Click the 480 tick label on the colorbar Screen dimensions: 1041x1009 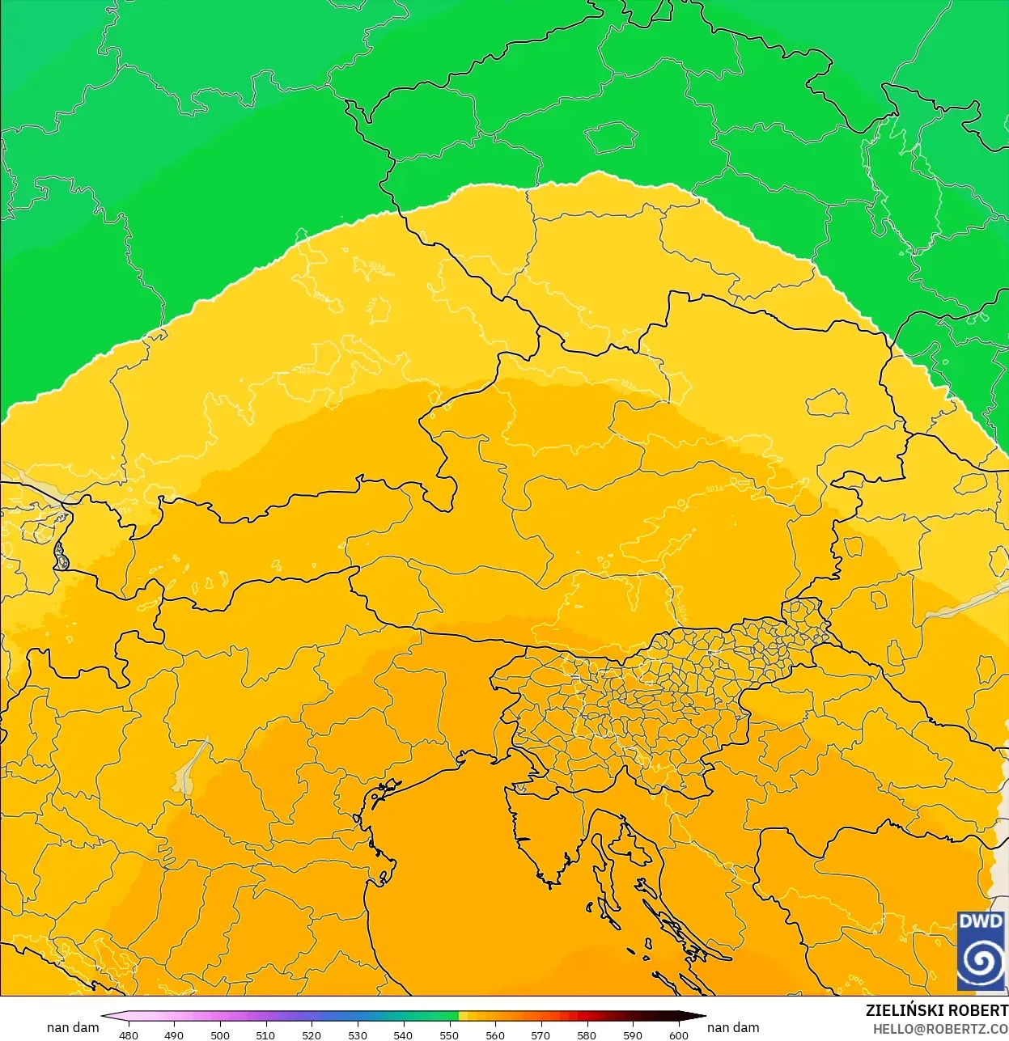point(129,1035)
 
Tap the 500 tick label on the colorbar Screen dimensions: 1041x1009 point(220,1035)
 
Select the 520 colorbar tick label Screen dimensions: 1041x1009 point(312,1035)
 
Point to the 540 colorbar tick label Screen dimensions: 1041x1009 point(403,1035)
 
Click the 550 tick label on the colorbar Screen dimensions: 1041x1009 point(449,1035)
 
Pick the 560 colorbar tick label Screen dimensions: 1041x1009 point(495,1035)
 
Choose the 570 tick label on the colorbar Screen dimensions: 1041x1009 point(541,1035)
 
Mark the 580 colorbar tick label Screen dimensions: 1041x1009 point(587,1035)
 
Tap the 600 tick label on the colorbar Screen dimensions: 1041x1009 point(678,1035)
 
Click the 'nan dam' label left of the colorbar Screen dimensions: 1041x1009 point(73,1027)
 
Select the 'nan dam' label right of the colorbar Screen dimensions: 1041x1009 point(733,1027)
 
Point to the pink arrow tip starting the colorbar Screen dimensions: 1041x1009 point(106,1017)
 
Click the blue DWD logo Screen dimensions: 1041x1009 point(981,950)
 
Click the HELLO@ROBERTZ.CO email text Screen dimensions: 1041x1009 point(940,1029)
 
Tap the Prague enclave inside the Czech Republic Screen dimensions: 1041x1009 point(611,137)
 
